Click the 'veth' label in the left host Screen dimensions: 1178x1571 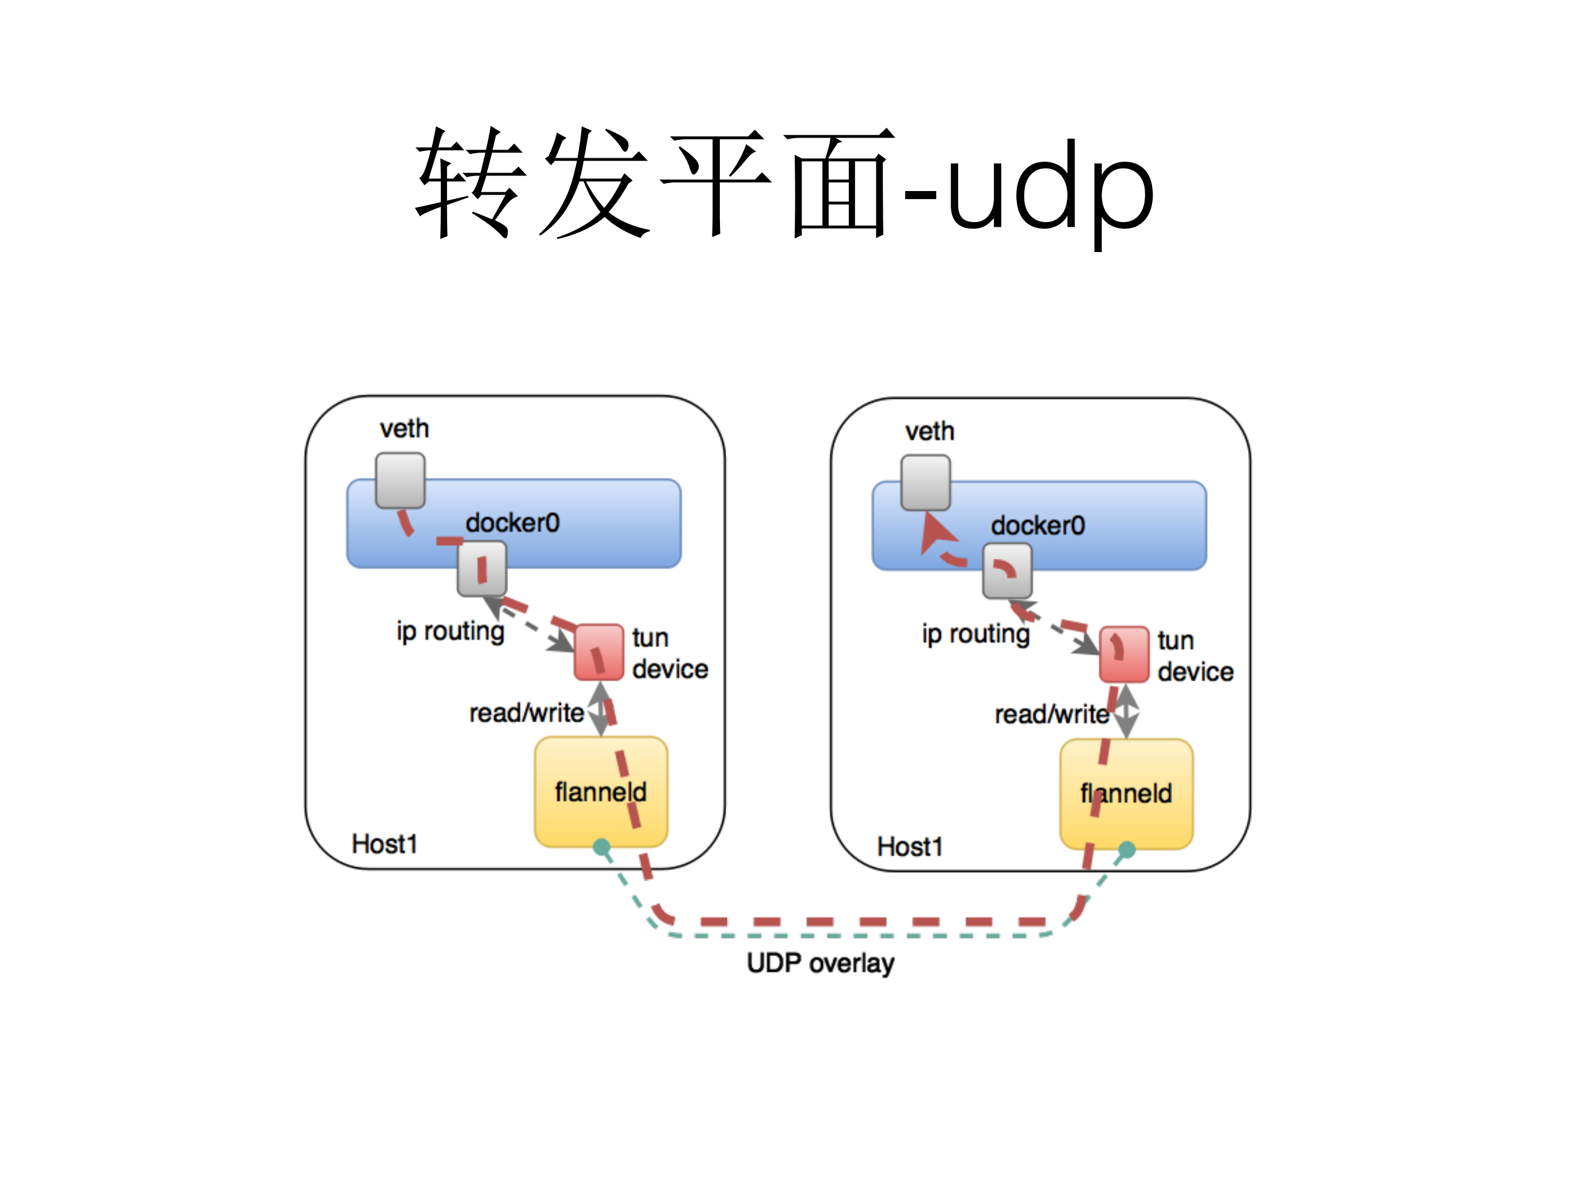click(404, 429)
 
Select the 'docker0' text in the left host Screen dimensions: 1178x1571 click(513, 523)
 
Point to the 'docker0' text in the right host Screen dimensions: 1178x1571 click(1038, 526)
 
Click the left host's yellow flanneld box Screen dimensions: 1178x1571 click(601, 792)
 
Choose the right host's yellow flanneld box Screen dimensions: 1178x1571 click(1126, 794)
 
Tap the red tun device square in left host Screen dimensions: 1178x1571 click(598, 652)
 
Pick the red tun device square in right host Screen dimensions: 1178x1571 click(1124, 654)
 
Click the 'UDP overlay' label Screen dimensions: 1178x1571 click(820, 963)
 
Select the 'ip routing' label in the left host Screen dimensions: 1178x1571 click(450, 631)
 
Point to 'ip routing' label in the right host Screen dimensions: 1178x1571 click(976, 634)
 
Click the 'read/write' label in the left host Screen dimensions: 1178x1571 click(527, 713)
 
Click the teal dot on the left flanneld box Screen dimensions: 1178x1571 click(601, 847)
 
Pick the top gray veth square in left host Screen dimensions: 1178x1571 click(401, 481)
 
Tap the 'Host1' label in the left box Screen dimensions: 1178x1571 click(384, 844)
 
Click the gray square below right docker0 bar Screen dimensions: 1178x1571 click(1007, 571)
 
